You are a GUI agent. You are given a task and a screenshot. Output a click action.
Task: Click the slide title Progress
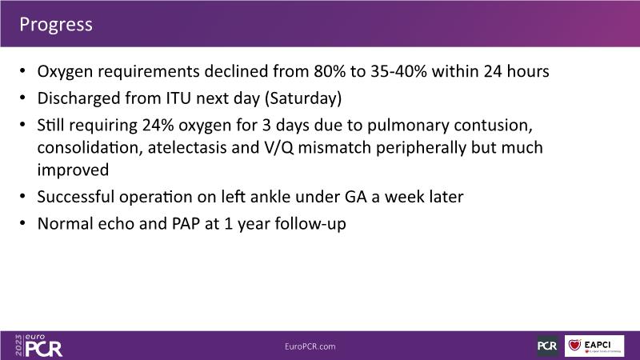coord(56,25)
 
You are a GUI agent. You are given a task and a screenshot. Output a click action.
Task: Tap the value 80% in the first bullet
coord(330,71)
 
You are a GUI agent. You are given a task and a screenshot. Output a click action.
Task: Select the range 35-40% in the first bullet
coord(398,71)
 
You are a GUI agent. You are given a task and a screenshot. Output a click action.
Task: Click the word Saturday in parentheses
coord(303,98)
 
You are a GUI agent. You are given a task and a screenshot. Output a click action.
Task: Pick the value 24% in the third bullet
coord(158,125)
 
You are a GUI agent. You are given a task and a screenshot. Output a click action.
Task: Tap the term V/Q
coord(278,147)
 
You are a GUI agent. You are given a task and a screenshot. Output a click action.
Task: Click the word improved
coord(73,170)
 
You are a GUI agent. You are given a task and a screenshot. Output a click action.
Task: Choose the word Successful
coord(75,197)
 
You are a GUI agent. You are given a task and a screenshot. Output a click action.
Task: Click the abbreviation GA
coord(355,197)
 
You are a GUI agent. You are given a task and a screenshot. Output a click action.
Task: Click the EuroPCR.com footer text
coord(310,346)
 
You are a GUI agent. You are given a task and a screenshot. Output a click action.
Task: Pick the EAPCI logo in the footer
coord(594,346)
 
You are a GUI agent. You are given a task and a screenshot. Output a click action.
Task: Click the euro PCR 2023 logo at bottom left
coord(38,346)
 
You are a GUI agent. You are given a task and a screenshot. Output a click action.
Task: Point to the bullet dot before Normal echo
coord(22,223)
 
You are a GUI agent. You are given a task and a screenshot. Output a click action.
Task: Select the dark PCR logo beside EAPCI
coord(548,346)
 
